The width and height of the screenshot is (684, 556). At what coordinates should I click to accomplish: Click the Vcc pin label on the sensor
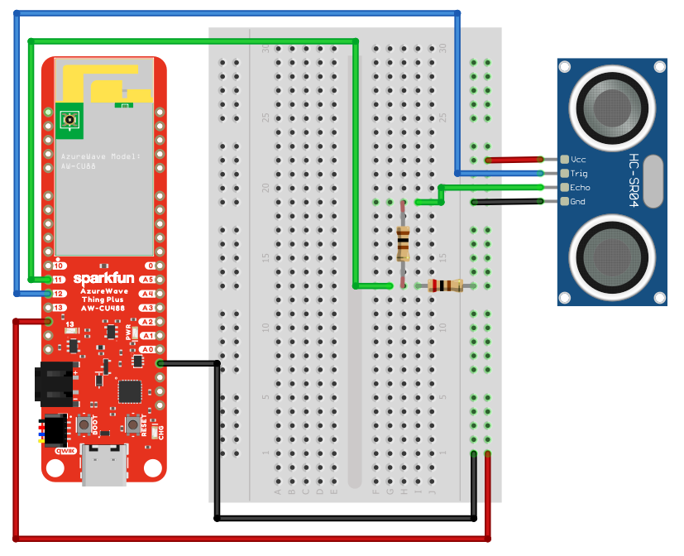click(579, 159)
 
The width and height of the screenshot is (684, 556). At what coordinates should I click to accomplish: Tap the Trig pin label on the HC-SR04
click(579, 173)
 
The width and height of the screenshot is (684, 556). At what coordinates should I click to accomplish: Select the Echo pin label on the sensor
click(580, 188)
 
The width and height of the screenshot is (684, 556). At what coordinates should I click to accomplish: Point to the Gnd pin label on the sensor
click(579, 202)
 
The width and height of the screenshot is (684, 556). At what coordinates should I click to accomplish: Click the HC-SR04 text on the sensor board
click(634, 180)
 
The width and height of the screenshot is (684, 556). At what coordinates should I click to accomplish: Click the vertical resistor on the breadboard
click(403, 243)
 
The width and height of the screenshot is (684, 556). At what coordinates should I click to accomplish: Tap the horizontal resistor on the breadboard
click(446, 286)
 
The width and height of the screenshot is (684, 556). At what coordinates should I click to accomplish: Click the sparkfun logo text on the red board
click(104, 278)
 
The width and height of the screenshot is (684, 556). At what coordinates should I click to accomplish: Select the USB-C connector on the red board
click(104, 465)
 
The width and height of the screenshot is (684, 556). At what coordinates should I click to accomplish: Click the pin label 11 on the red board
click(59, 280)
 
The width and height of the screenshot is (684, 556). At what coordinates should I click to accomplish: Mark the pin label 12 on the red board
click(59, 294)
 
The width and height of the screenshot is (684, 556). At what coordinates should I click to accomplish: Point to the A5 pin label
click(148, 280)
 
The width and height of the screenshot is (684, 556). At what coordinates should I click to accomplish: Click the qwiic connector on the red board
click(55, 430)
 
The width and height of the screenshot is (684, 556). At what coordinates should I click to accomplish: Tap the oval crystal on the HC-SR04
click(653, 180)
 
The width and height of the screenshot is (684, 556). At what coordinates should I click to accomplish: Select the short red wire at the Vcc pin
click(514, 159)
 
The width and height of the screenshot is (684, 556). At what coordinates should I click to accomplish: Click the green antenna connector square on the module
click(69, 121)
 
